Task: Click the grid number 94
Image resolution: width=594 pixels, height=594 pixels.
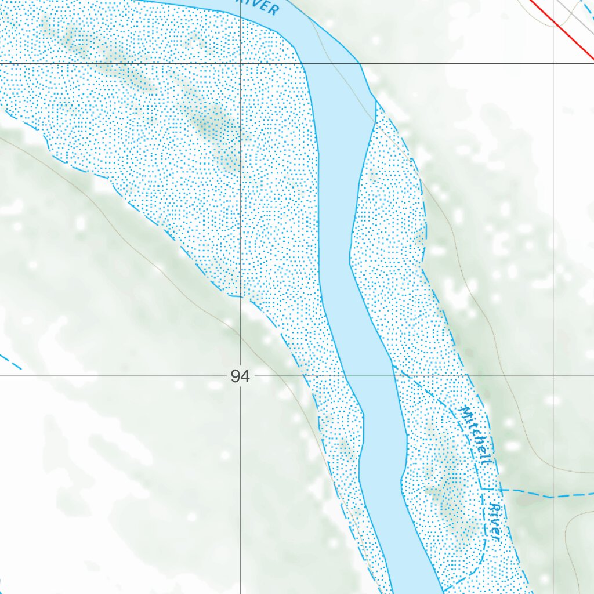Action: pos(240,377)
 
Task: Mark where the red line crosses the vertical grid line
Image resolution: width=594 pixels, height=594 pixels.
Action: pos(553,22)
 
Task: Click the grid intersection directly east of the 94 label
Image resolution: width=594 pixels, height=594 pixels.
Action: pos(553,376)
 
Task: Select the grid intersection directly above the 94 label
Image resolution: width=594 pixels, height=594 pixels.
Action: pos(241,63)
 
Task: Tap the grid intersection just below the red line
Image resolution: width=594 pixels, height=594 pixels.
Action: pos(553,63)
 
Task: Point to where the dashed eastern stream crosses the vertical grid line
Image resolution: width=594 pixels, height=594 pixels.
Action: pos(553,497)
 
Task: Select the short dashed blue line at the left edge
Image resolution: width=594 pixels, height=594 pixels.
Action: pos(10,362)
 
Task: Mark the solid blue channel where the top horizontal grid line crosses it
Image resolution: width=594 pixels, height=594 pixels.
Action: pos(331,63)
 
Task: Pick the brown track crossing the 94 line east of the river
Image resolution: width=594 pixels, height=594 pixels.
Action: pos(502,376)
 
